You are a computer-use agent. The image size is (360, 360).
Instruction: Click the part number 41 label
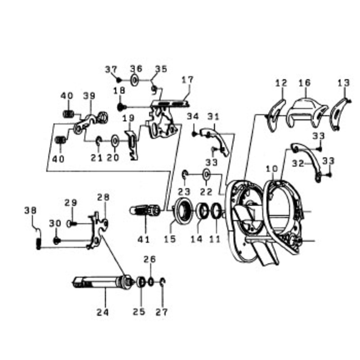click(x=144, y=239)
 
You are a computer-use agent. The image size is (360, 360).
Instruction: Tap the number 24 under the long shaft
click(x=103, y=312)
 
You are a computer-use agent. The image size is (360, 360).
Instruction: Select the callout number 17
click(x=188, y=80)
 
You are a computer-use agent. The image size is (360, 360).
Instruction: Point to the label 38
click(x=31, y=210)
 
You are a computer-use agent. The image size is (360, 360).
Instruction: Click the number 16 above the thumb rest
click(x=305, y=83)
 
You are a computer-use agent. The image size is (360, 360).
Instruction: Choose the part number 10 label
click(x=272, y=169)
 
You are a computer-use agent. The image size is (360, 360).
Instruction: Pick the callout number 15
click(x=170, y=239)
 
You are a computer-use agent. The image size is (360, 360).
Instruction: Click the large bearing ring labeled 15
click(x=183, y=211)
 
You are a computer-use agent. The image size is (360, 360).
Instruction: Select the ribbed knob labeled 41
click(x=144, y=210)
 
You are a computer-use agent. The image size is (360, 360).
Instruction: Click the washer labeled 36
click(x=135, y=80)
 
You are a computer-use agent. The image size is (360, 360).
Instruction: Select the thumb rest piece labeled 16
click(x=307, y=112)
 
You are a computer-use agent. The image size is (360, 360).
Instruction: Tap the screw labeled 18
click(x=121, y=107)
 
